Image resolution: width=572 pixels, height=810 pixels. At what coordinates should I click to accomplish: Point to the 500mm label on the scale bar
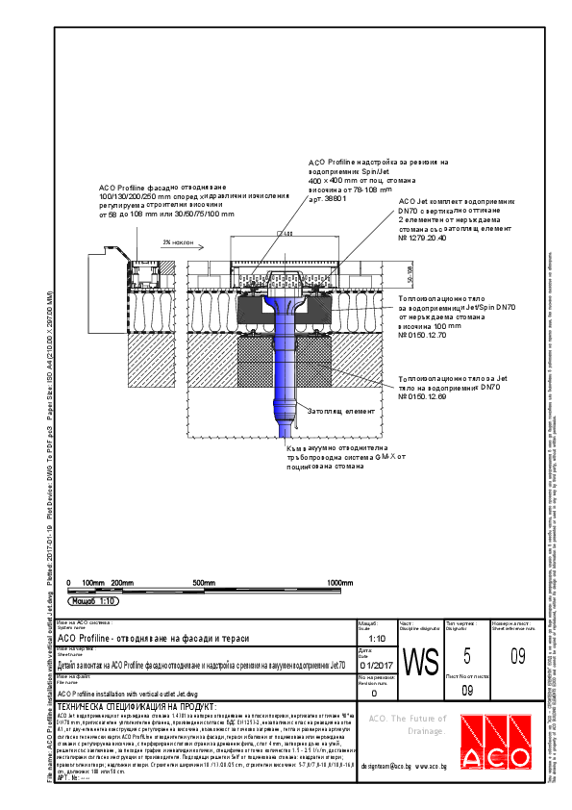click(204, 583)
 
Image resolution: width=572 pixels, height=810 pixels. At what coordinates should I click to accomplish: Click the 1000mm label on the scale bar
click(341, 583)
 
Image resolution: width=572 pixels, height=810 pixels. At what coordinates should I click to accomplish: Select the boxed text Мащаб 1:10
click(94, 600)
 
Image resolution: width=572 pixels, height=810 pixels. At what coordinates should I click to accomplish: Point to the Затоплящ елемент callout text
click(328, 410)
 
